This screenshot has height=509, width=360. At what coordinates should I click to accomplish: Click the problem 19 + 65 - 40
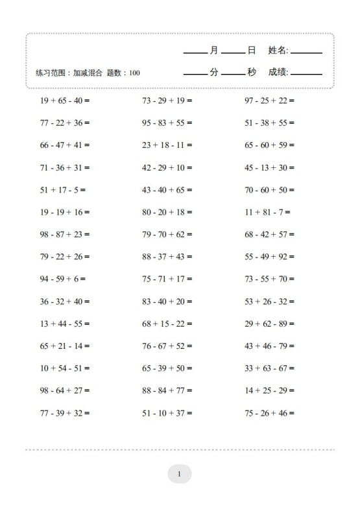click(64, 101)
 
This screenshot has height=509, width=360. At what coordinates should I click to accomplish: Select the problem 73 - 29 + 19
click(167, 101)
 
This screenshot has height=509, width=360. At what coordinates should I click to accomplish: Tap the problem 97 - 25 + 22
click(269, 101)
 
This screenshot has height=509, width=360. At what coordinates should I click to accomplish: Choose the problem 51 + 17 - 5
click(62, 190)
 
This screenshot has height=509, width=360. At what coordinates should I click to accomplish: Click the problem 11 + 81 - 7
click(267, 212)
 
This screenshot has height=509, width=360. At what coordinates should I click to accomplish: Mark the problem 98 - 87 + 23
click(64, 234)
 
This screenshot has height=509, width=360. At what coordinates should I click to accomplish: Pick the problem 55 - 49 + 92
click(269, 257)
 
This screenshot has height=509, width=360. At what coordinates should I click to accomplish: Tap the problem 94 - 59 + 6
click(62, 279)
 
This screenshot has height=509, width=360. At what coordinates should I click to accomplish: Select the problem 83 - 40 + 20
click(167, 302)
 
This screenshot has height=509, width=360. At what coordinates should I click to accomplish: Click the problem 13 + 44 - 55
click(64, 324)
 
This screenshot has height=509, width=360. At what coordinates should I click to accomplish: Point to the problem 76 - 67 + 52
click(167, 346)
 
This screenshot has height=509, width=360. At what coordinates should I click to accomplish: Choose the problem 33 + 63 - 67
click(269, 368)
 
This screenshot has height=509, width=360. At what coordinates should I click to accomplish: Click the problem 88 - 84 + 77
click(167, 390)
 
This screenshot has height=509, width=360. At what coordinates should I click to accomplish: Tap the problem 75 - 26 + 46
click(269, 413)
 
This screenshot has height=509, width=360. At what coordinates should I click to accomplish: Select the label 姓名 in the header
click(278, 50)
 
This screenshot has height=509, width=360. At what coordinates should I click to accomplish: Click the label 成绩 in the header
click(278, 72)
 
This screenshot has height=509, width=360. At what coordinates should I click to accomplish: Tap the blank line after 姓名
click(307, 53)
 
